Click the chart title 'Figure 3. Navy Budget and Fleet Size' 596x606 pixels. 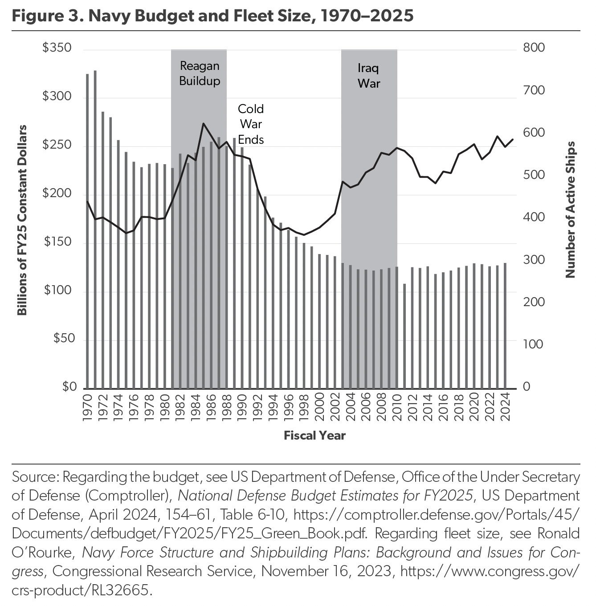click(213, 16)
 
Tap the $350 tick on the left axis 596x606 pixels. click(57, 48)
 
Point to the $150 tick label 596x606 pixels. click(57, 242)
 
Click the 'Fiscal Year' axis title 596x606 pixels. click(314, 435)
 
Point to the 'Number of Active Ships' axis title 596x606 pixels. click(570, 210)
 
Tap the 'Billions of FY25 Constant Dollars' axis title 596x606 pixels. click(22, 220)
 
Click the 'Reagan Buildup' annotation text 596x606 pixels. click(200, 73)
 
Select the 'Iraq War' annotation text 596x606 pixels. click(369, 76)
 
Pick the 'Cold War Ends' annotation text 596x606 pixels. click(251, 124)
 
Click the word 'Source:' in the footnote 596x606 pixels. click(35, 477)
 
